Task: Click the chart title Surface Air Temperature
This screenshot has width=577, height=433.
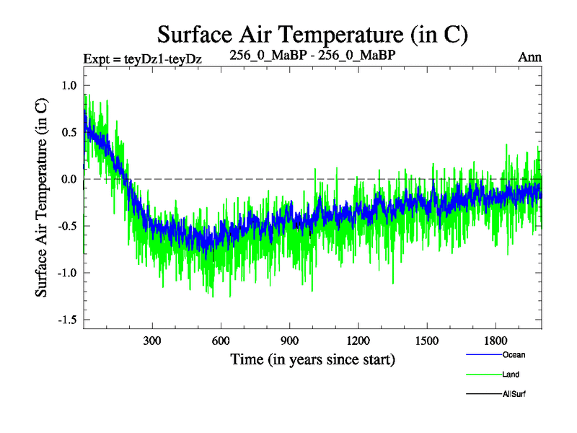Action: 313,34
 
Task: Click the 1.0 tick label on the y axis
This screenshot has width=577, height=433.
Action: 69,85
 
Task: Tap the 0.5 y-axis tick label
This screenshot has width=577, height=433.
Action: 69,132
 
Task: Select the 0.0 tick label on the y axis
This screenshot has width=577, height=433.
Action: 69,179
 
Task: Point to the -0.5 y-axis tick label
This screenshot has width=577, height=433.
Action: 66,226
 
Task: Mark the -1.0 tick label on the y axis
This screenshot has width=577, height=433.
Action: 66,273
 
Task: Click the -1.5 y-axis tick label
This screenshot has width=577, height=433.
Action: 66,320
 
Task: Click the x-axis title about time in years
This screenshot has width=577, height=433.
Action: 312,359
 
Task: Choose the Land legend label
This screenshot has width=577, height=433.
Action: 510,375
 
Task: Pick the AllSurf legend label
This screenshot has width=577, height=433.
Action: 513,395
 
